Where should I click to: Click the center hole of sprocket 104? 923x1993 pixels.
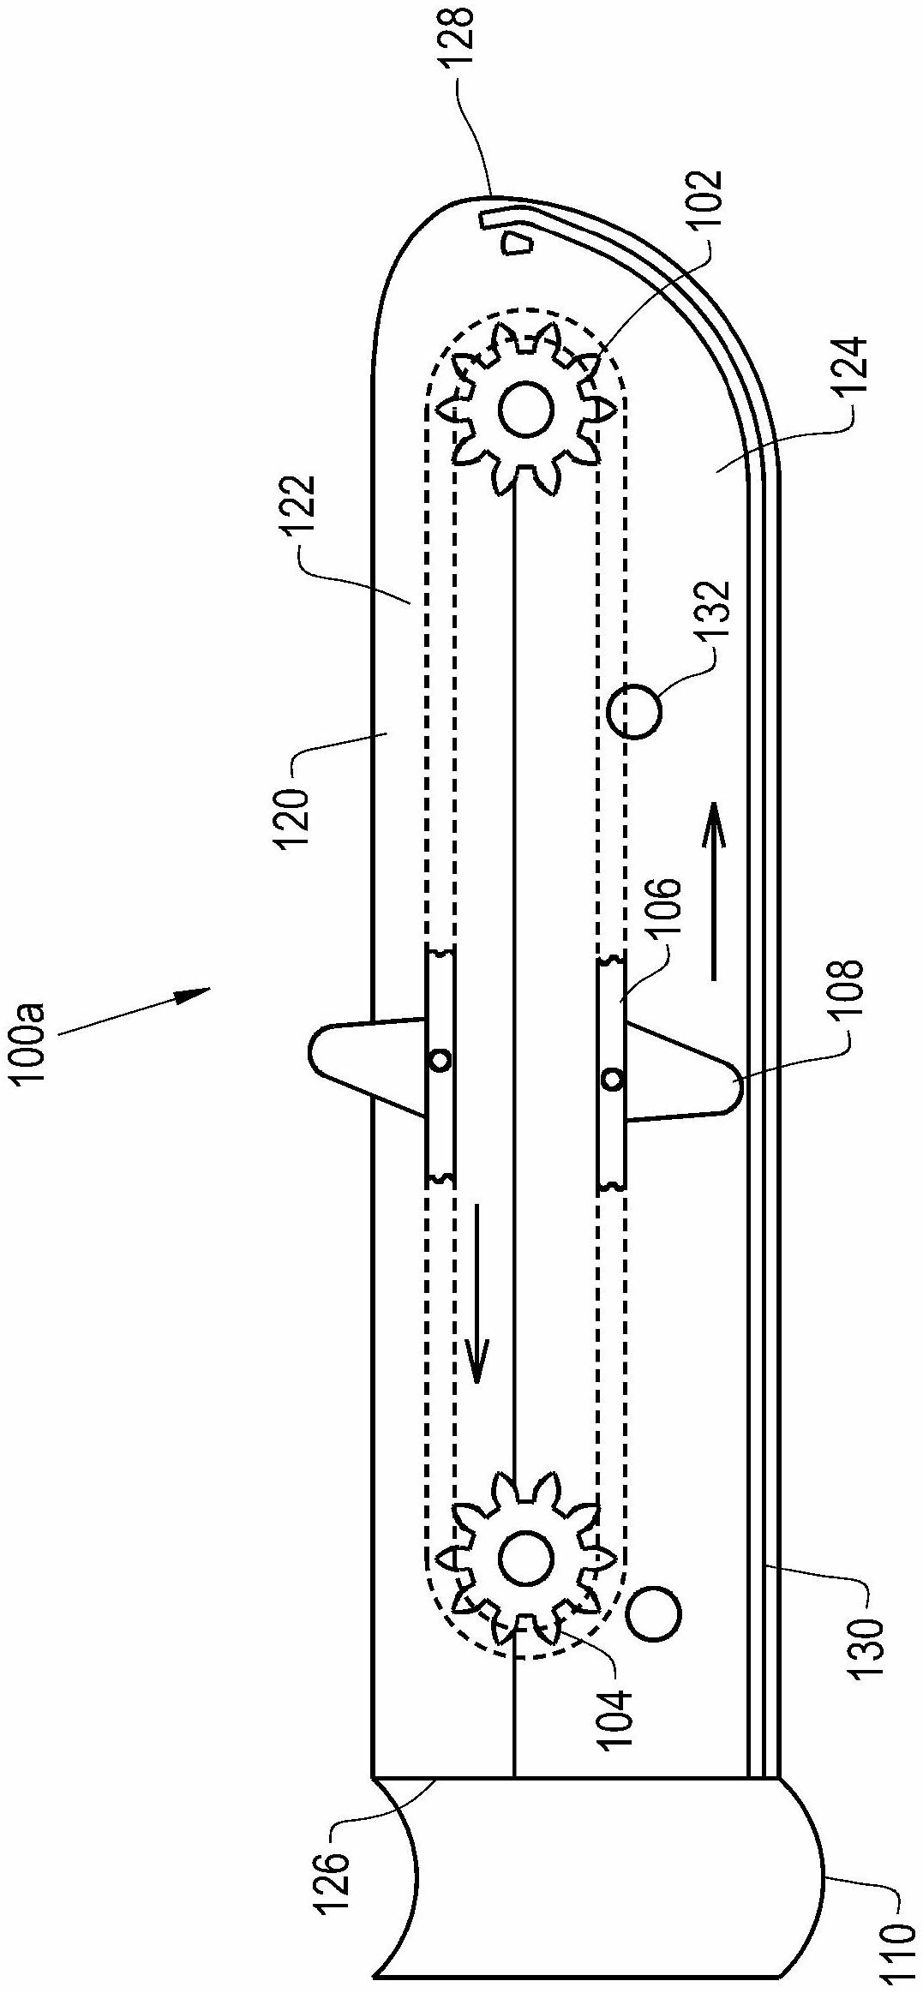524,1561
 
